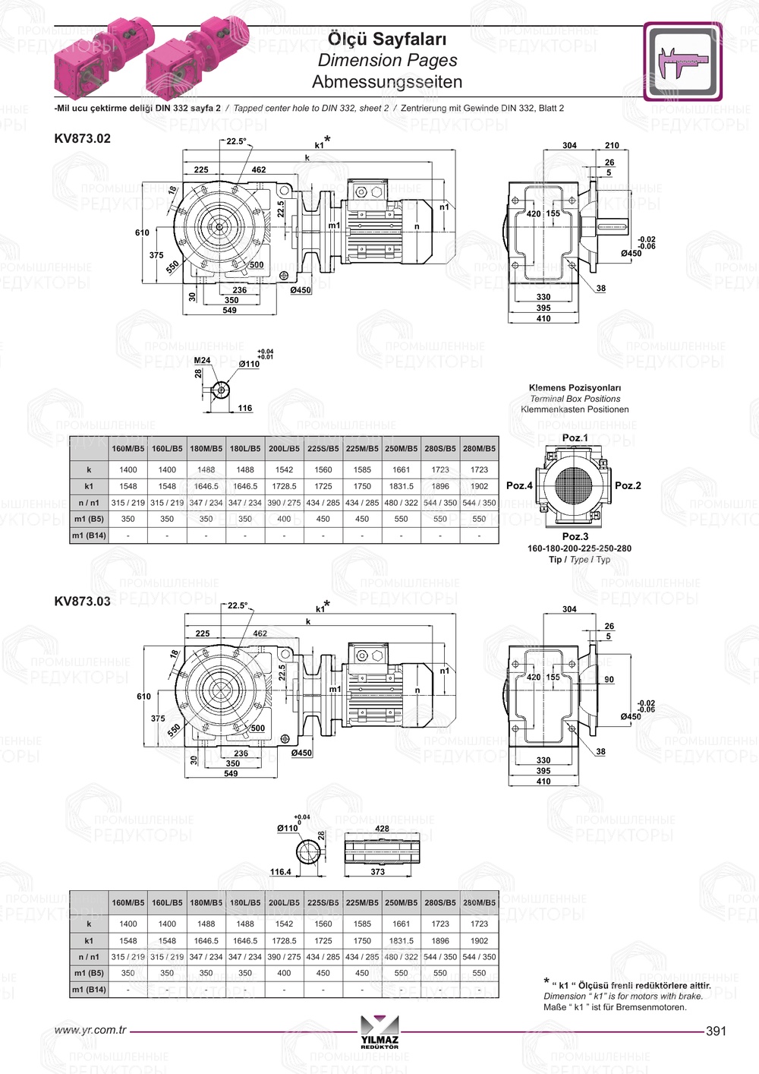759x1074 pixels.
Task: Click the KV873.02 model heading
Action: [x=83, y=138]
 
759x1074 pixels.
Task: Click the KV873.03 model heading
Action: [x=83, y=602]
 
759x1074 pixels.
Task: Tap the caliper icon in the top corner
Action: [x=683, y=62]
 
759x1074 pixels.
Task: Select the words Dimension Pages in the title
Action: [x=387, y=61]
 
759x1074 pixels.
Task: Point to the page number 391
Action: [x=716, y=1031]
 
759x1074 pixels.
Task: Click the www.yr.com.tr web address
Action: [x=90, y=1030]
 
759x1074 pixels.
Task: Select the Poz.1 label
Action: [x=575, y=437]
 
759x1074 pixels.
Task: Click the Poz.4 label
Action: [x=519, y=485]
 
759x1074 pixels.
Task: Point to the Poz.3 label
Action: [x=575, y=536]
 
